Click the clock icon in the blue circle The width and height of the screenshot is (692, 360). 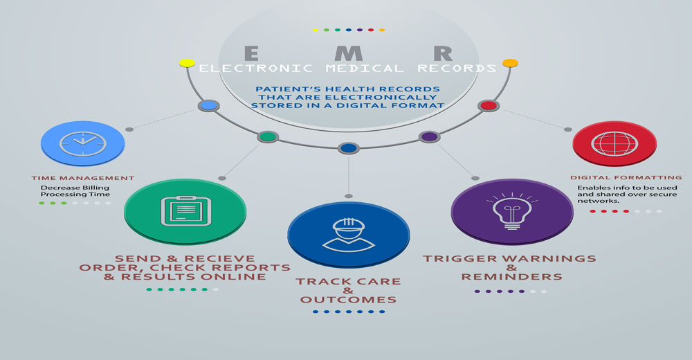tap(82, 143)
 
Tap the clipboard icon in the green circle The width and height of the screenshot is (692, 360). tap(185, 210)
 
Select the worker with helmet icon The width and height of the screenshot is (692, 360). tap(349, 235)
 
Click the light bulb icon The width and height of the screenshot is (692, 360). tap(512, 210)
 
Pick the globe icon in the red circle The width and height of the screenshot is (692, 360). tap(614, 143)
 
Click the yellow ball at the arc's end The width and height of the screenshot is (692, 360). tap(187, 63)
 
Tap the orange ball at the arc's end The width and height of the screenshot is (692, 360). tap(510, 63)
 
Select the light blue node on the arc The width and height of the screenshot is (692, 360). tap(208, 105)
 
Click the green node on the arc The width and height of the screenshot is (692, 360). tap(267, 136)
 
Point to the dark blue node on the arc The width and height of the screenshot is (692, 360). tap(349, 148)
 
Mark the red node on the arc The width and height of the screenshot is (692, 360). tap(489, 105)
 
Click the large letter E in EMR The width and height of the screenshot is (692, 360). tap(251, 53)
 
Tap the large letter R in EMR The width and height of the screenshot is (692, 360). tap(443, 53)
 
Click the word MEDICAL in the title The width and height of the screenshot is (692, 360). tap(365, 69)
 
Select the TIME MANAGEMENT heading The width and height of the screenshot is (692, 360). tap(83, 178)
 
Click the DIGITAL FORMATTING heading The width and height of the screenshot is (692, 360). tap(626, 177)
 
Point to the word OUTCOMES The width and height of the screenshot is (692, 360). tap(348, 300)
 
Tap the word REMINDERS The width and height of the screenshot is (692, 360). tap(512, 277)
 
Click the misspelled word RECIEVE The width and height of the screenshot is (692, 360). tap(220, 258)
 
